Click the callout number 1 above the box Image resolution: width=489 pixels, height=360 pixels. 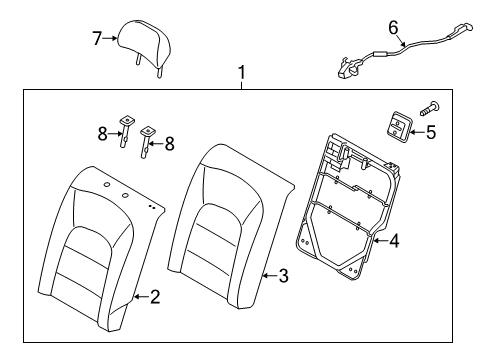[x=240, y=73]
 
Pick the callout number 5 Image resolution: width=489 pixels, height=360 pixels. [x=431, y=131]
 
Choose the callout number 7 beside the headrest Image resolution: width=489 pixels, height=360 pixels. [x=97, y=39]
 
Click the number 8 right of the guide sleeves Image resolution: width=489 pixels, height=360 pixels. [x=168, y=143]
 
